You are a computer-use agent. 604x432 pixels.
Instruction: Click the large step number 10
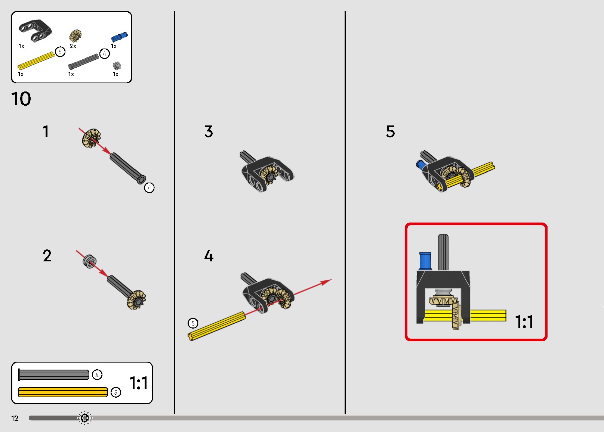click(x=21, y=99)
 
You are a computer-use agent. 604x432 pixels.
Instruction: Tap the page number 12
click(x=15, y=418)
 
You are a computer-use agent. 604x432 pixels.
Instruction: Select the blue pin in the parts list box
click(x=120, y=37)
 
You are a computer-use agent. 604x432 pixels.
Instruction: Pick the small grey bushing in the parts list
click(x=117, y=66)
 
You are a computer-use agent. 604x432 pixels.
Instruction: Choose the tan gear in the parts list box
click(x=75, y=36)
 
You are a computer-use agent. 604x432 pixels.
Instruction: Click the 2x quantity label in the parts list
click(x=73, y=46)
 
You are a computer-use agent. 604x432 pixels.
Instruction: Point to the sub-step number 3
click(x=209, y=131)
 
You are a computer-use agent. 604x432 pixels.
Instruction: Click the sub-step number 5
click(x=391, y=131)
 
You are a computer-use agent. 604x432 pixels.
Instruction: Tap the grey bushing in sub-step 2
click(x=90, y=261)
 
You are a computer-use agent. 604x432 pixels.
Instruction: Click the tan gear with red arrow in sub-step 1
click(x=92, y=138)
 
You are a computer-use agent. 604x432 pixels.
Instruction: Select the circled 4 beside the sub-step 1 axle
click(x=150, y=188)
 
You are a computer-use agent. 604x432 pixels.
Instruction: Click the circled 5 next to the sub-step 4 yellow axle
click(x=193, y=323)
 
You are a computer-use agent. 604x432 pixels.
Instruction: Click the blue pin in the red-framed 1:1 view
click(x=425, y=261)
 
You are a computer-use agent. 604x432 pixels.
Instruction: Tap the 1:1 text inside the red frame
click(x=524, y=321)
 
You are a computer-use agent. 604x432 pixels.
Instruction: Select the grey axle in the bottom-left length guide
click(x=53, y=374)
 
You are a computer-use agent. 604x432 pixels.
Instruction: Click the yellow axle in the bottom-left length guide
click(x=63, y=392)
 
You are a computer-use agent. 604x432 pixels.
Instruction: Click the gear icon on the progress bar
click(x=85, y=418)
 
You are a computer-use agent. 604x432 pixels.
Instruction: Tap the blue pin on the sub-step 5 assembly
click(x=420, y=164)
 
